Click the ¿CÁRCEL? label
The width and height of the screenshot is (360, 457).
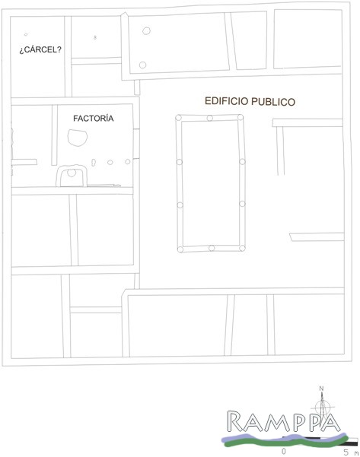pyautogui.click(x=40, y=49)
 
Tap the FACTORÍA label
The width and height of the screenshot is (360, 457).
pyautogui.click(x=93, y=118)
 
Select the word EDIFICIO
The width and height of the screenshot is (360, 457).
pyautogui.click(x=226, y=101)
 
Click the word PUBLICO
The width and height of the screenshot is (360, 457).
pyautogui.click(x=273, y=102)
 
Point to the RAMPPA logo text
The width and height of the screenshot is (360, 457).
pyautogui.click(x=284, y=421)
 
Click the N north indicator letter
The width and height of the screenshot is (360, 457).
pyautogui.click(x=321, y=389)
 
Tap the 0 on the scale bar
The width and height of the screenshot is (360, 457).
pyautogui.click(x=284, y=452)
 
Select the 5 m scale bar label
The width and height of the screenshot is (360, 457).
pyautogui.click(x=351, y=452)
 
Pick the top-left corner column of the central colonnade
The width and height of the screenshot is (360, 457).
pyautogui.click(x=179, y=118)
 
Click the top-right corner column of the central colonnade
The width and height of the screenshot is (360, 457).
pyautogui.click(x=240, y=117)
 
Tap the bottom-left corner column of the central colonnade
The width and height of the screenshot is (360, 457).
pyautogui.click(x=180, y=249)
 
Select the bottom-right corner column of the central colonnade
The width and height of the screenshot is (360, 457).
pyautogui.click(x=242, y=248)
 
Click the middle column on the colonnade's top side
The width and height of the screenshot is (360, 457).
pyautogui.click(x=210, y=118)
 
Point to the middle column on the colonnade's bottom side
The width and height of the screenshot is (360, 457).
pyautogui.click(x=212, y=248)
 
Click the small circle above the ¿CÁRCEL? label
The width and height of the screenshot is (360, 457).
pyautogui.click(x=26, y=34)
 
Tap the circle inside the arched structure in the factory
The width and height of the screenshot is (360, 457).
pyautogui.click(x=72, y=173)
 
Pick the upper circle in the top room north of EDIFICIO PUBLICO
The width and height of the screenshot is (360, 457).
pyautogui.click(x=146, y=30)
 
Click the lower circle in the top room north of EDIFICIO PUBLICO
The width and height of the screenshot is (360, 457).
pyautogui.click(x=142, y=65)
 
